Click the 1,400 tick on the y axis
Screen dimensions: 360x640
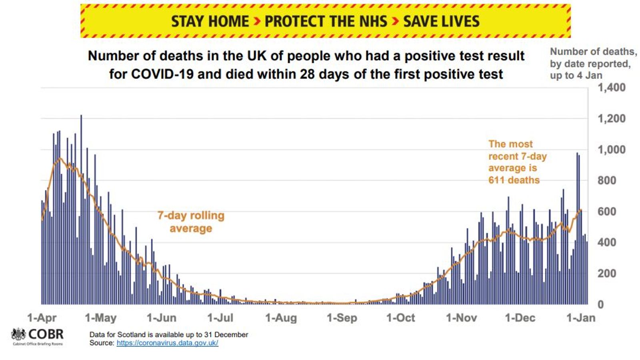click(611, 87)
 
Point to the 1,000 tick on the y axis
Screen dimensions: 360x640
click(611, 150)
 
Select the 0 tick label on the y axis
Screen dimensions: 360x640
click(600, 304)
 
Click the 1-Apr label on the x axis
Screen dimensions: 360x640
click(42, 318)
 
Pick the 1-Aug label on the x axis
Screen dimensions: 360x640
click(281, 318)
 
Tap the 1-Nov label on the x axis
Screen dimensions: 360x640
click(461, 318)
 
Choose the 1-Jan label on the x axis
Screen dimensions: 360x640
click(581, 318)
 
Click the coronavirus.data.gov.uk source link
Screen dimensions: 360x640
click(167, 343)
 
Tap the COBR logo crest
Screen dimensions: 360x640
click(19, 334)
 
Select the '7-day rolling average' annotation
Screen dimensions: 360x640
click(191, 222)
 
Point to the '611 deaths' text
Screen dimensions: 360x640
click(514, 180)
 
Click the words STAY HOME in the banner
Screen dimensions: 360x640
click(210, 21)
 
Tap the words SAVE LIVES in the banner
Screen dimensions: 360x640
click(441, 21)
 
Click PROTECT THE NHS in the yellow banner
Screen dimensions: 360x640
click(326, 21)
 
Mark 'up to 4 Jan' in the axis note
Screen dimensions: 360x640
click(576, 76)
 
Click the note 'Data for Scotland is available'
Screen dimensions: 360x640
click(168, 334)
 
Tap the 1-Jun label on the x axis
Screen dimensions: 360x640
click(161, 318)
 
